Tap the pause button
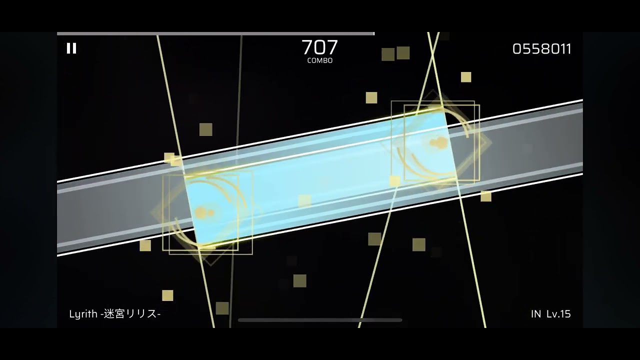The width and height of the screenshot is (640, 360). coord(71,48)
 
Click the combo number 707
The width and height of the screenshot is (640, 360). coord(319,47)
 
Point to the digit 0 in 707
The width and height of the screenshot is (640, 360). coord(320,47)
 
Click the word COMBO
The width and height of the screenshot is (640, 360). coord(319,60)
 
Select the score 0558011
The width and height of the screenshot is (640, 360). coord(541,49)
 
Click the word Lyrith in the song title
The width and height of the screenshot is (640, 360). coord(83,314)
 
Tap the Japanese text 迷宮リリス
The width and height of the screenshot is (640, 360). coord(130,313)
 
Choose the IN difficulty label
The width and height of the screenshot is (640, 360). coord(536,313)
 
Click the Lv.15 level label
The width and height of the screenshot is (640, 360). coord(558,313)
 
